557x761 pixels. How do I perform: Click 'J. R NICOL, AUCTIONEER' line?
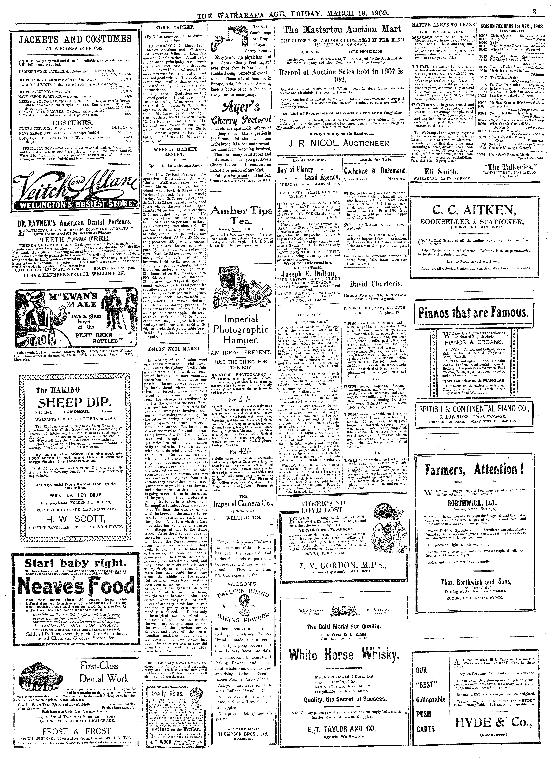(x=340, y=143)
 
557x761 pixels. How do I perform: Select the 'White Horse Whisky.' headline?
(x=344, y=654)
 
